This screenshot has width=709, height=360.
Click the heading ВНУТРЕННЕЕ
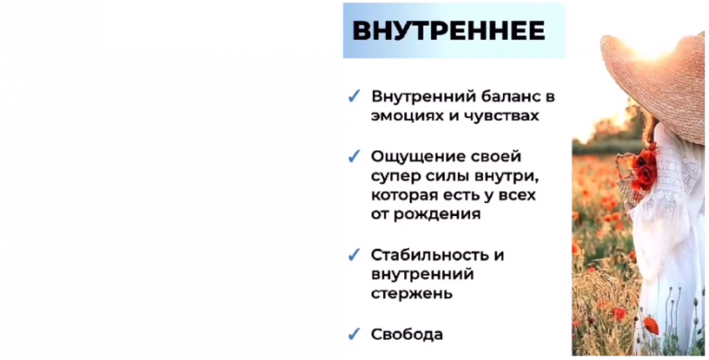(449, 30)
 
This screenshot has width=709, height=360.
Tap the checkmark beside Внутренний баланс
(354, 96)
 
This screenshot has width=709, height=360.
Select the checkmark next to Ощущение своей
(354, 156)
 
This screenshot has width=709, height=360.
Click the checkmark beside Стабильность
(354, 254)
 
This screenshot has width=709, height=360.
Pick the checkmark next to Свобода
(354, 334)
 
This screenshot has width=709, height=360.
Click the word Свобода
(407, 334)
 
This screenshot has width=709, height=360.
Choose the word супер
(394, 175)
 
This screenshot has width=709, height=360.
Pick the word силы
(448, 175)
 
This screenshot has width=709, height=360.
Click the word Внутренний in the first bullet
(420, 96)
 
